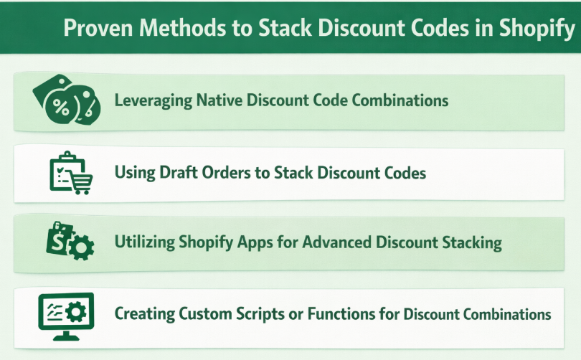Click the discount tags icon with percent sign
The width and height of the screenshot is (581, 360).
66,101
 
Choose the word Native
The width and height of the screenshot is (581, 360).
218,100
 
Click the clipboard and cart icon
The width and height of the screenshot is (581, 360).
69,172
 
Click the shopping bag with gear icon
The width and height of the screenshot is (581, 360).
70,242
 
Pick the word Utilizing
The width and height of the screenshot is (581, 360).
145,242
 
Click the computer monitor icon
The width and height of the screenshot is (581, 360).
66,315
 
